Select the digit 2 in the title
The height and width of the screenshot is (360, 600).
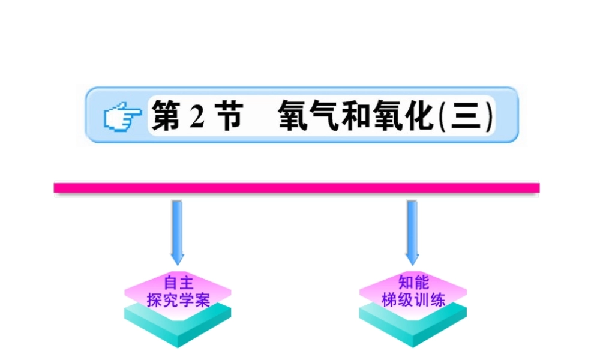[x=196, y=116]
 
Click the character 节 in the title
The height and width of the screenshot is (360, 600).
[x=226, y=115]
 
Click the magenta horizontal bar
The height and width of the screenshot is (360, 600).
[x=296, y=188]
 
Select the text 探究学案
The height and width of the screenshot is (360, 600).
[x=178, y=299]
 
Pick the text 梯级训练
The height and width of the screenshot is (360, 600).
[x=413, y=299]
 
